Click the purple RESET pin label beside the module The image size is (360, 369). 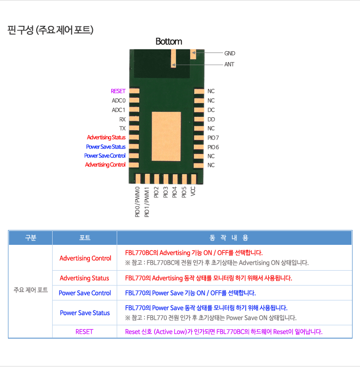(118, 91)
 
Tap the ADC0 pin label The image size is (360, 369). (119, 100)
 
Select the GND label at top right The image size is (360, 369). (229, 54)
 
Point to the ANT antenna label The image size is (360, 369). (229, 64)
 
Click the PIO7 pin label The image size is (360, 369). (213, 138)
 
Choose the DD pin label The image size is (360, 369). (211, 119)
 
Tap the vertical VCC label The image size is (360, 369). (193, 191)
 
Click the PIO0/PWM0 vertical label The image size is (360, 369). (138, 202)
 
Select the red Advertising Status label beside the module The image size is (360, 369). (106, 137)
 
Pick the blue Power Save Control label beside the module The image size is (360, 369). (105, 155)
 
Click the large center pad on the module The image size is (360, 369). (166, 137)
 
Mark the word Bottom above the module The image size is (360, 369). (169, 41)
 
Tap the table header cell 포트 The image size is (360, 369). (85, 238)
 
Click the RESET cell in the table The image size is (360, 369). (84, 332)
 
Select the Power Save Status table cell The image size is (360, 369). (85, 313)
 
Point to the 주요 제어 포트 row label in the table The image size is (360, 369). (31, 290)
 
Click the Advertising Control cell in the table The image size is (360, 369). (85, 258)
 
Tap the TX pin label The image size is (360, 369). (122, 128)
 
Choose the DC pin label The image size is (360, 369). (211, 110)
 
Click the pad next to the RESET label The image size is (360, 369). (134, 91)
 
